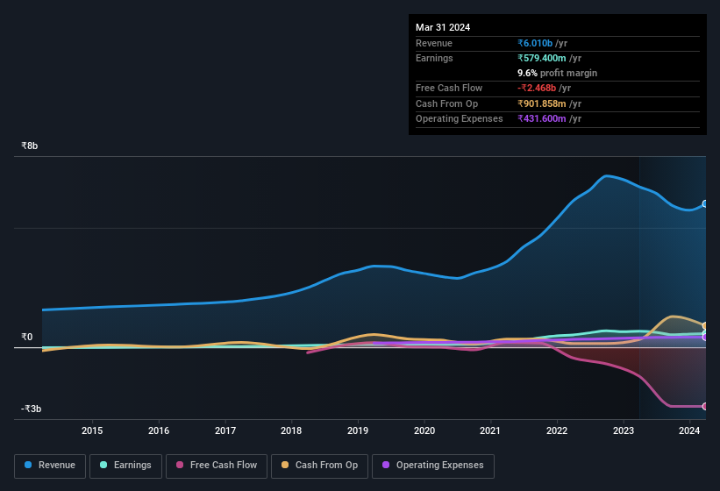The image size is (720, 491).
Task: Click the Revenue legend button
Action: [x=50, y=466]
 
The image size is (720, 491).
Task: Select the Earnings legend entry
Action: [x=125, y=466]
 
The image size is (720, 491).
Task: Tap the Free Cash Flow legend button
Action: [x=216, y=466]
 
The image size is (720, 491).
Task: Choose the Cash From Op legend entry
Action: [x=319, y=466]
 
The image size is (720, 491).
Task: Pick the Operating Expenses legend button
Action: [x=433, y=466]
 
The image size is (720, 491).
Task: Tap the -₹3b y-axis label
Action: [x=32, y=409]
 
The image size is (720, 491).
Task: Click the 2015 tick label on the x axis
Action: [x=92, y=431]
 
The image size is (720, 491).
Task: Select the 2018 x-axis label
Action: [x=291, y=431]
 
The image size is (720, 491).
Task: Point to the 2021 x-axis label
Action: [x=490, y=431]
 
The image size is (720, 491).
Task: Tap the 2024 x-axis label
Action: [x=689, y=431]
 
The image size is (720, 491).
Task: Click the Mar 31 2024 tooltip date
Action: [x=443, y=27]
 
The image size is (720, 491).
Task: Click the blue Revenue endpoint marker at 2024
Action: [x=705, y=203]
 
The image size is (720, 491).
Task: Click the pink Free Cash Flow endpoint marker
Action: [x=705, y=406]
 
